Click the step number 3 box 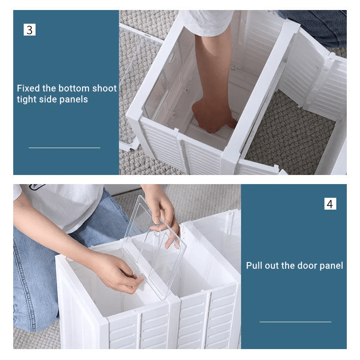coord(30,30)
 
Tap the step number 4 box coord(330,204)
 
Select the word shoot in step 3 coord(104,88)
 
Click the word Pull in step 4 coord(254,266)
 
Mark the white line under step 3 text coord(65,148)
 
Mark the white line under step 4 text coord(295,322)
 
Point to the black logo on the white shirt coord(37,187)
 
